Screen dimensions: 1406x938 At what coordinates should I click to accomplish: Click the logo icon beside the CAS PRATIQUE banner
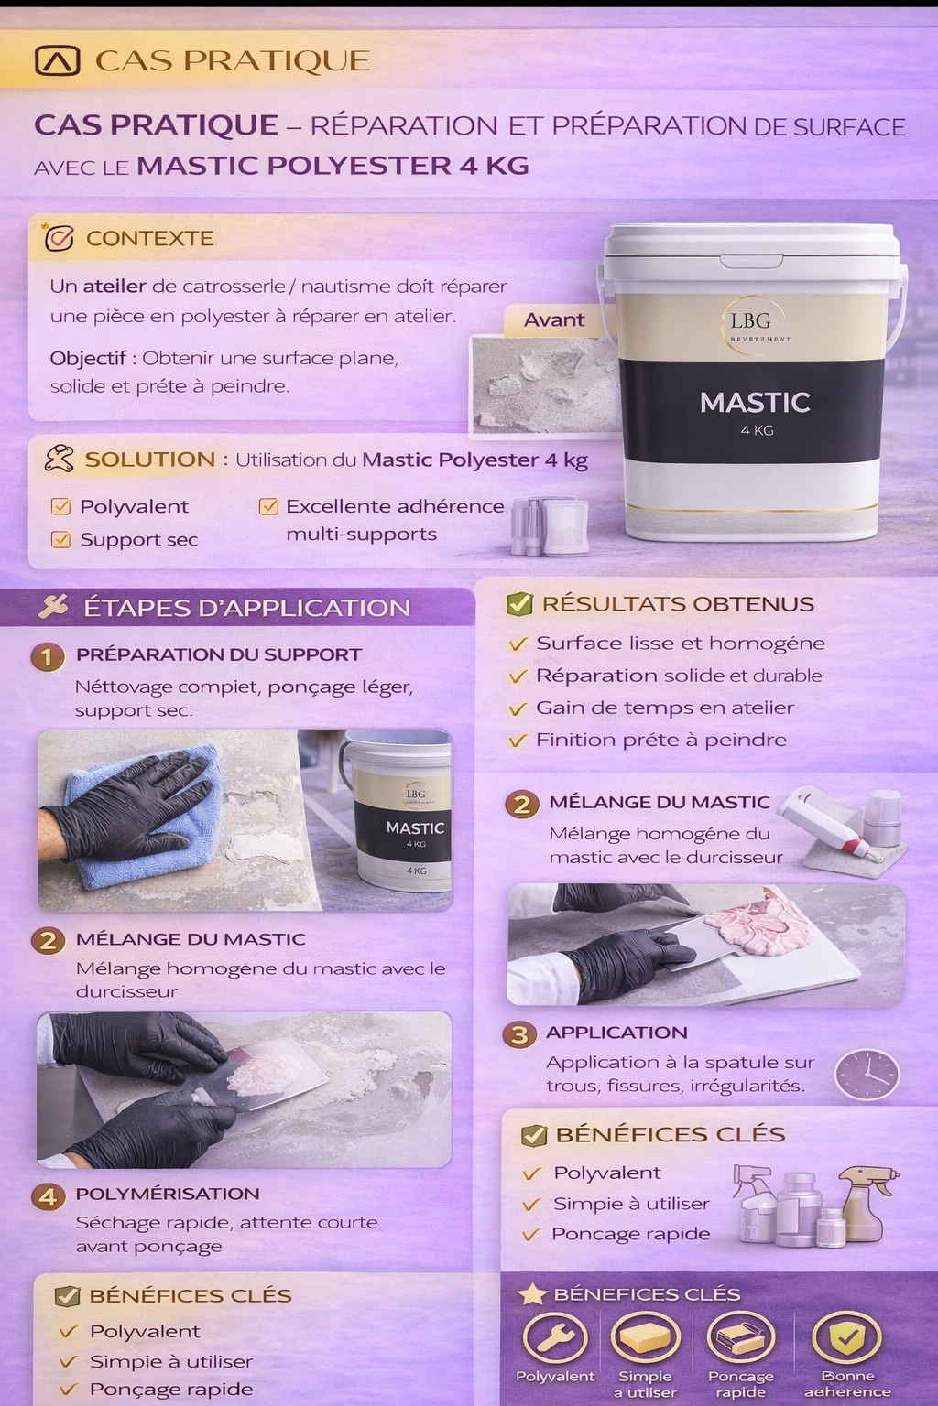[x=57, y=60]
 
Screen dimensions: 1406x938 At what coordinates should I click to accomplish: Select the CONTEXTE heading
[x=149, y=238]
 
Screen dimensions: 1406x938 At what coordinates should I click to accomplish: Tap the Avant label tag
[x=553, y=319]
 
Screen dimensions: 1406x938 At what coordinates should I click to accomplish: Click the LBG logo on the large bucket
[x=752, y=322]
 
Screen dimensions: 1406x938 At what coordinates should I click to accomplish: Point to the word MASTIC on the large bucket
[x=755, y=402]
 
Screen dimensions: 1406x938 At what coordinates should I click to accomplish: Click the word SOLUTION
[x=149, y=460]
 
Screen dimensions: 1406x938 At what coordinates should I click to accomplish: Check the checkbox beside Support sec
[x=60, y=539]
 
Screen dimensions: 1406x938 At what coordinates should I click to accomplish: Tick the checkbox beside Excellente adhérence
[x=268, y=506]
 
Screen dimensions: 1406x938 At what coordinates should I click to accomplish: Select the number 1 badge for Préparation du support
[x=48, y=655]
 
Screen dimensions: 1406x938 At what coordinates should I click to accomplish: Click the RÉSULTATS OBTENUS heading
[x=678, y=604]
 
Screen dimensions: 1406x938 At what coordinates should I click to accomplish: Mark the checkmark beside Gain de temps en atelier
[x=518, y=708]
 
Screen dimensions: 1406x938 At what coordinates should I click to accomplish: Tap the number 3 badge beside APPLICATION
[x=519, y=1034]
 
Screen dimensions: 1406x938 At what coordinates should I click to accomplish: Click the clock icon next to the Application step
[x=867, y=1075]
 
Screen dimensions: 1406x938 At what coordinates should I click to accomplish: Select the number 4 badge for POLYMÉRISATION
[x=48, y=1195]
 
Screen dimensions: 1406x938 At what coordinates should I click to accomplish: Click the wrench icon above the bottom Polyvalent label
[x=554, y=1338]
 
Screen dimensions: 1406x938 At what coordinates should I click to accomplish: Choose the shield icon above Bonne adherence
[x=847, y=1338]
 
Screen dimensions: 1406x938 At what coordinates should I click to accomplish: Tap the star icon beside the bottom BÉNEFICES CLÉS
[x=532, y=1294]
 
